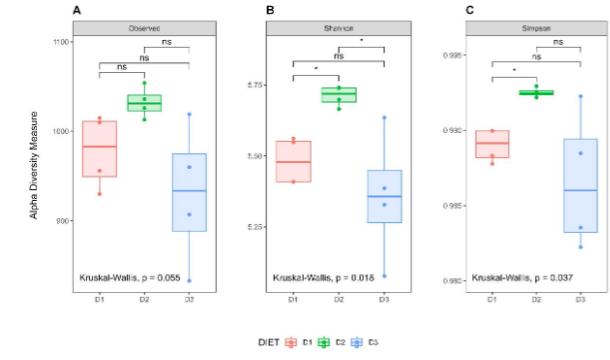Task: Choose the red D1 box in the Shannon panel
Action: point(293,162)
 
